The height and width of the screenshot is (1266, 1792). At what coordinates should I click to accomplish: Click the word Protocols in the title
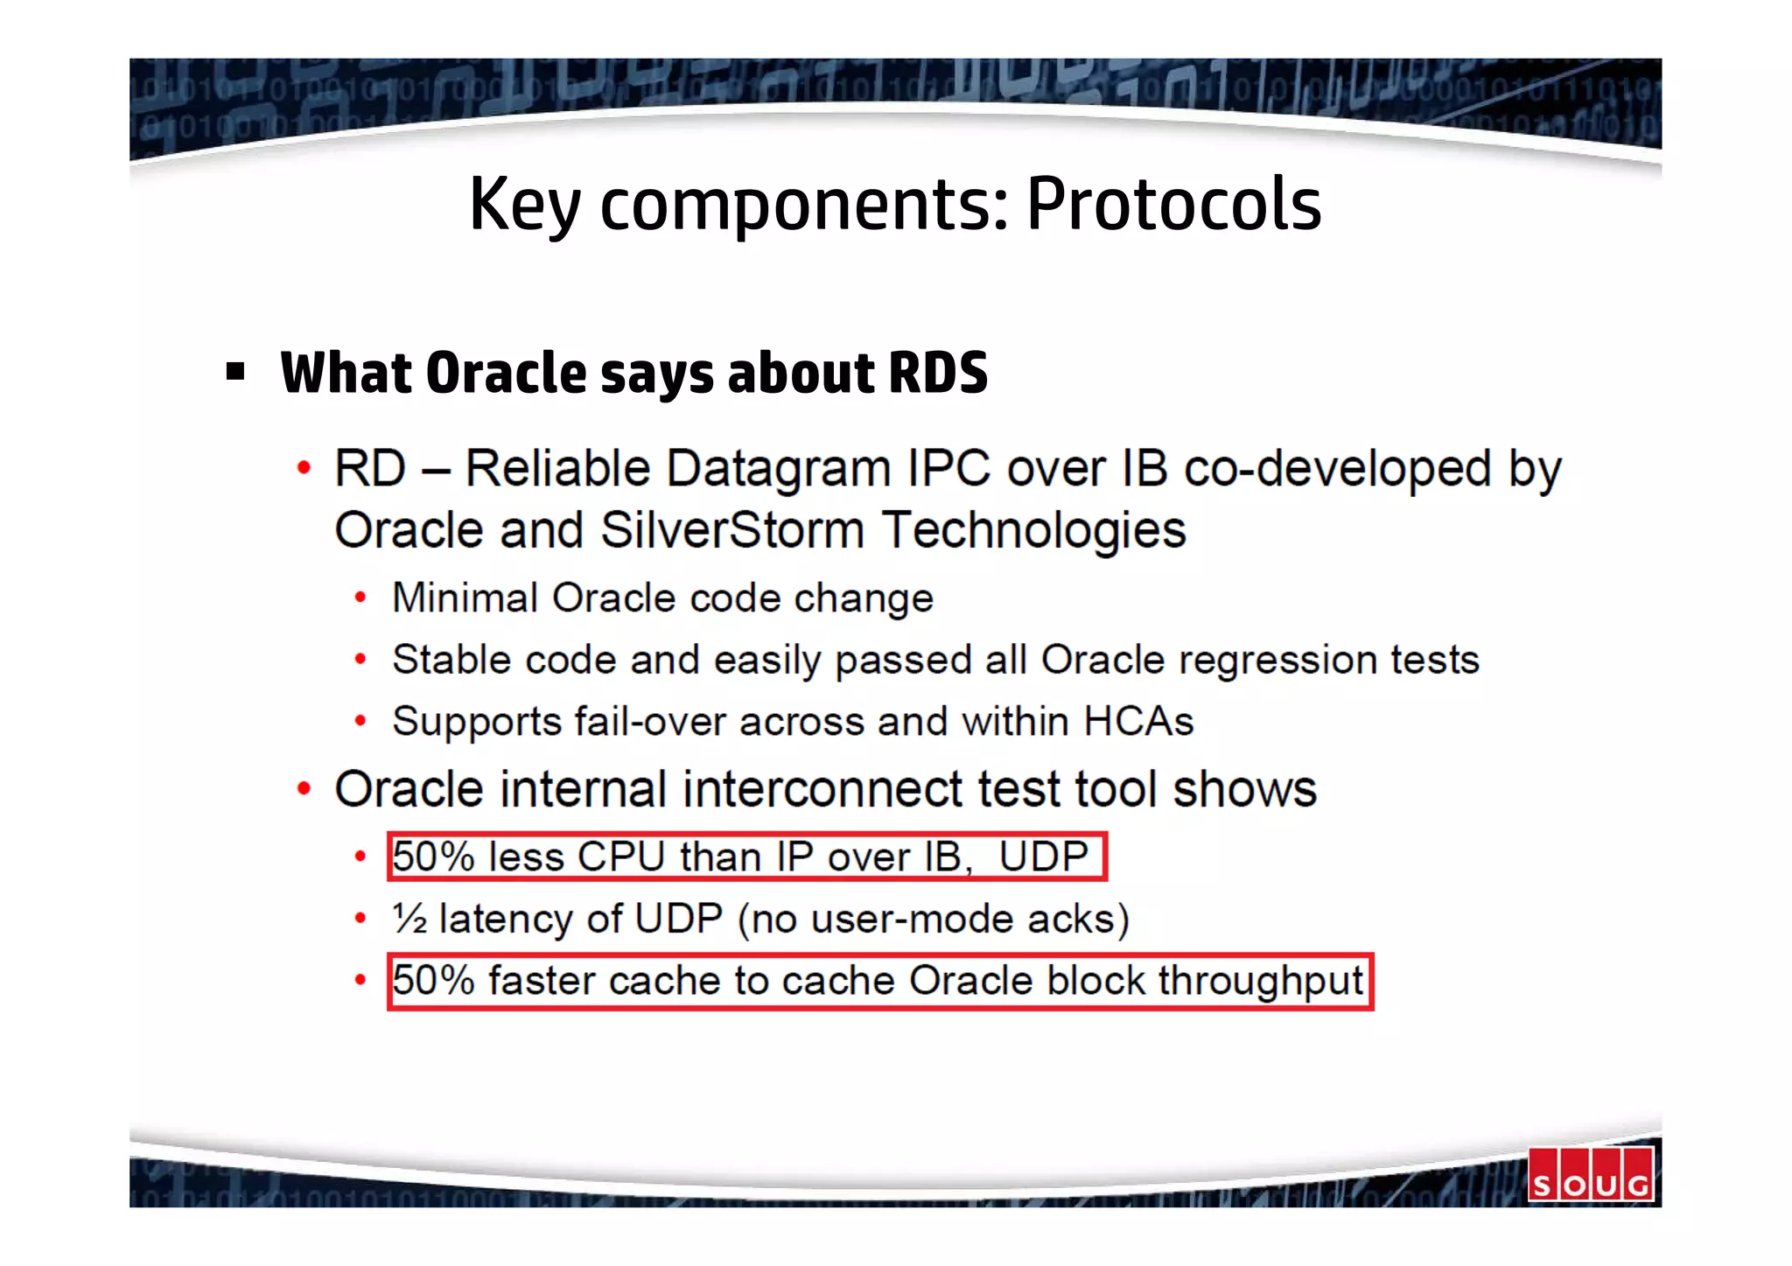[1173, 204]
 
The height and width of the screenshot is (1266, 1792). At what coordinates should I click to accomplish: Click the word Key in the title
[524, 206]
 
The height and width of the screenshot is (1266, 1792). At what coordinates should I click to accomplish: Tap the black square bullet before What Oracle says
[234, 372]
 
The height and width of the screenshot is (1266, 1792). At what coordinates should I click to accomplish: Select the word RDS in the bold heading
[937, 373]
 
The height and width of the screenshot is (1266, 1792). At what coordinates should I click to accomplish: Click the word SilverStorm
[732, 530]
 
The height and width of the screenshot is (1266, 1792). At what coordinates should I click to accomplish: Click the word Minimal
[464, 598]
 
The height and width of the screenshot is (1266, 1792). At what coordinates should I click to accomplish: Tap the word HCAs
[1138, 722]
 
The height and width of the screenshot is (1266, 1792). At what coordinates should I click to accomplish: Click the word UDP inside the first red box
[1043, 857]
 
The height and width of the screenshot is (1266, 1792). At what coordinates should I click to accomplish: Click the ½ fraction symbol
[409, 919]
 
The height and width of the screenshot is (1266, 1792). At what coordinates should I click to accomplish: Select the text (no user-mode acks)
[934, 920]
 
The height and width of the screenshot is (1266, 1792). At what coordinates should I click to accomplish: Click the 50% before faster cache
[433, 981]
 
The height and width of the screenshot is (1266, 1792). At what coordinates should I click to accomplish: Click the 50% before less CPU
[433, 857]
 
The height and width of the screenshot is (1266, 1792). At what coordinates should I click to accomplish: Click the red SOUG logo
[1590, 1174]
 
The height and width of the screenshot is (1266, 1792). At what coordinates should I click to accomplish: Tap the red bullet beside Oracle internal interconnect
[304, 789]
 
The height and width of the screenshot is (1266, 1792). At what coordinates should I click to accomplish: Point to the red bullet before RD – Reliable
[304, 468]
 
